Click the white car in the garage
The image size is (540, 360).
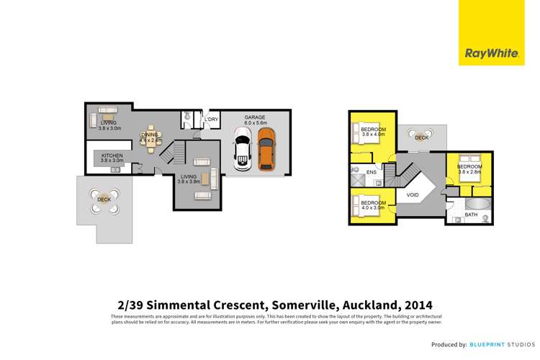point(241,153)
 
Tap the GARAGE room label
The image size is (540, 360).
point(256,117)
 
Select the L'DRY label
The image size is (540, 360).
point(211,119)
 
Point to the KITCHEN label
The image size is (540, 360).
point(112,156)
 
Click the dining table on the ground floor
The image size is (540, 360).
point(150,142)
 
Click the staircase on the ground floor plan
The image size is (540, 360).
point(167,153)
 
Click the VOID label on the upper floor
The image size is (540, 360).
point(413,194)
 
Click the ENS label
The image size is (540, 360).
point(371,173)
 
